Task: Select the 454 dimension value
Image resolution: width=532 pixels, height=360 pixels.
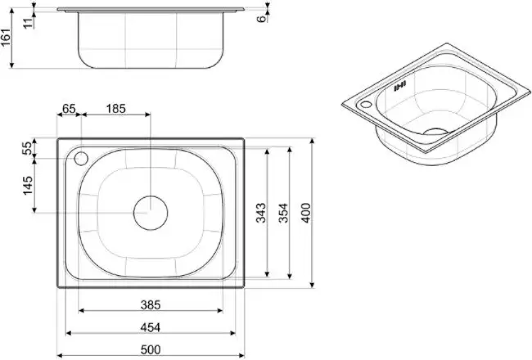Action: tap(150, 325)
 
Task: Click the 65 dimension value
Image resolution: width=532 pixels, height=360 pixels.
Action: tap(68, 108)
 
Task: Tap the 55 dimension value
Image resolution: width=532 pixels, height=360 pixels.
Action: tap(27, 148)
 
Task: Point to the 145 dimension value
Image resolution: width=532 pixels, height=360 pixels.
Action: tap(27, 186)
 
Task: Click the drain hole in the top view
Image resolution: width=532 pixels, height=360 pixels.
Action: tap(151, 211)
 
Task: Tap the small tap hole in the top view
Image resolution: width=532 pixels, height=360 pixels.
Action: tap(81, 158)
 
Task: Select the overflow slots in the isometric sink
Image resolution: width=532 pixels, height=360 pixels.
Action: tap(400, 86)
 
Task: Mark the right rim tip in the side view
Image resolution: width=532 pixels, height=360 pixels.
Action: tap(245, 9)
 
